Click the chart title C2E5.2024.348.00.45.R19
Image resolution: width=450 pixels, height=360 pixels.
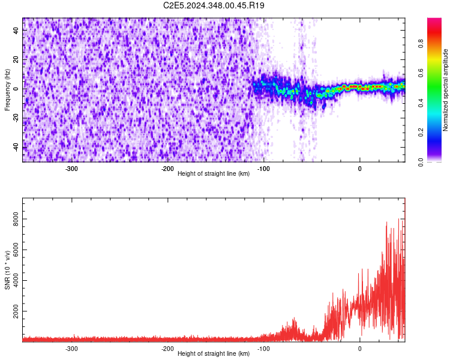point(214,5)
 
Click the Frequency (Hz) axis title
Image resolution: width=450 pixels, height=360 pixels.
point(7,90)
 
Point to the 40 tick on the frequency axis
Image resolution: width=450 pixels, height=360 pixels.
point(17,31)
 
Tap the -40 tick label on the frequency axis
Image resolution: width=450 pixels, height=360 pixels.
point(17,146)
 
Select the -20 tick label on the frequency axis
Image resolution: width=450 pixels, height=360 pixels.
point(17,118)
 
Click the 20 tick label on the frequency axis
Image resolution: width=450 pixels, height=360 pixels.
point(17,59)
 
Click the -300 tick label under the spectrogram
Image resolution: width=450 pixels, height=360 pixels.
point(71,169)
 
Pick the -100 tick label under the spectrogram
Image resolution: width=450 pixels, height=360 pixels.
point(263,169)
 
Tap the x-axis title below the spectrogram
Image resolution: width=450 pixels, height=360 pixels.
point(214,175)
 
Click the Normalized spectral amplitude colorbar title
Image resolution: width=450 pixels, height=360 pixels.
point(445,90)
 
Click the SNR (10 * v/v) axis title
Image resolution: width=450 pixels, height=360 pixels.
point(7,270)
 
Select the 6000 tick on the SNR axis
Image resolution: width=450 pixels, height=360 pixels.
point(17,251)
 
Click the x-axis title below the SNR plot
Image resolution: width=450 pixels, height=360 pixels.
point(214,355)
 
